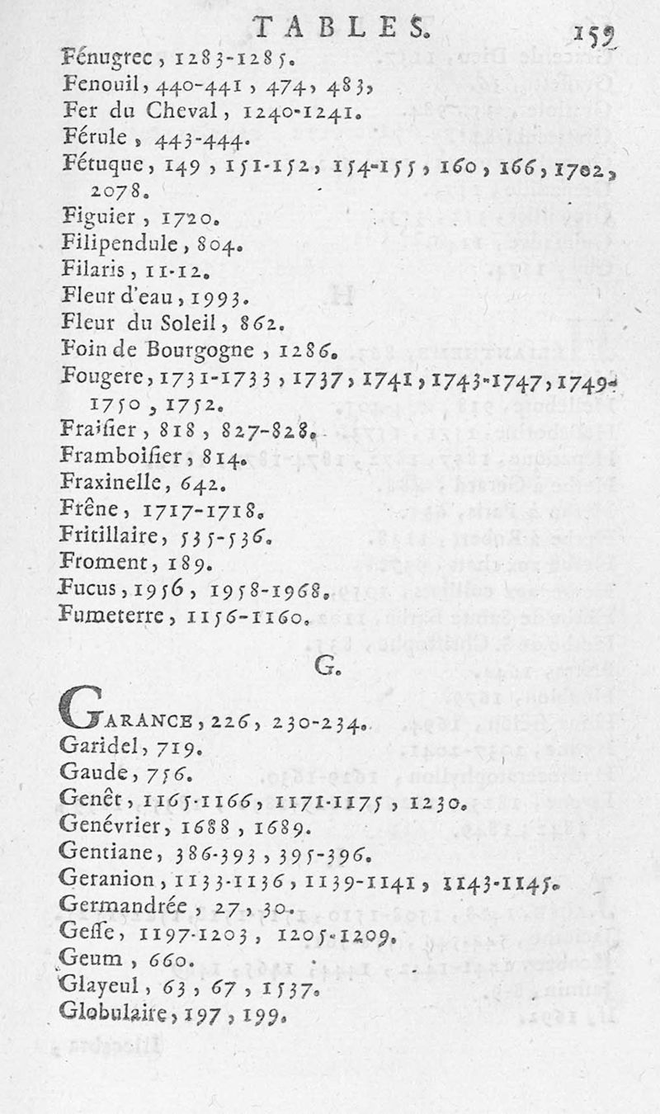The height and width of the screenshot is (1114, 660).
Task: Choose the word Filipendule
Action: (125, 244)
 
